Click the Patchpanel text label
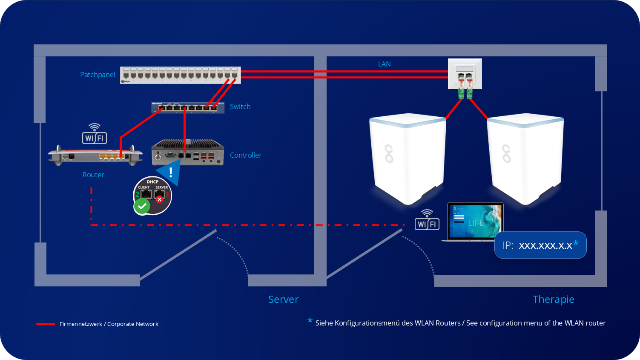point(98,75)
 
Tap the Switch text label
point(240,107)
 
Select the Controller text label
point(246,155)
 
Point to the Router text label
point(93,175)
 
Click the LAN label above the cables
point(384,64)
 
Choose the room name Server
point(283,300)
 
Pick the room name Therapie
point(553,300)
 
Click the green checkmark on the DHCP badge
point(142,207)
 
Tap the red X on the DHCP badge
point(160,199)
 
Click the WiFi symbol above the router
point(94,134)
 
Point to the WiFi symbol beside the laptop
point(427,220)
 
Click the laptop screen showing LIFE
point(475,221)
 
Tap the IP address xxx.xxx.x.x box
point(540,245)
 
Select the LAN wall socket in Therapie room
point(465,74)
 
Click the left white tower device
point(408,158)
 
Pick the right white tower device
point(525,158)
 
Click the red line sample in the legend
point(46,324)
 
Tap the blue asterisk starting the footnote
point(310,320)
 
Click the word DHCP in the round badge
point(152,182)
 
